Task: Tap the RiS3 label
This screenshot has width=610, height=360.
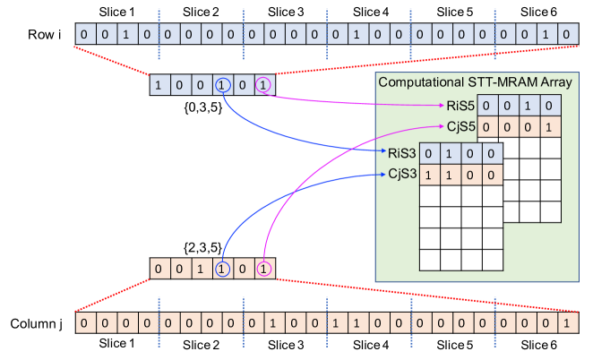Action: coord(400,151)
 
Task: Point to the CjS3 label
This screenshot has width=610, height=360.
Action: coord(400,174)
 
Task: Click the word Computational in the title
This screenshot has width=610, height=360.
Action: coord(421,81)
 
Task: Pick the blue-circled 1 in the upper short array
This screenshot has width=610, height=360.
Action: coord(222,86)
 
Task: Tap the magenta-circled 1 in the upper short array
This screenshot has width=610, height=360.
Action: coord(263,86)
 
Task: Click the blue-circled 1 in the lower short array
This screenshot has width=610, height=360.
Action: coord(222,269)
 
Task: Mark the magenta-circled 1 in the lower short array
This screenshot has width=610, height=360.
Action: coord(263,269)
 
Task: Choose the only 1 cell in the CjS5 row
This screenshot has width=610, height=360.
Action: coord(550,126)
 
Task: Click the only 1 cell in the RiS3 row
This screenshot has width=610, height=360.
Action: coord(449,152)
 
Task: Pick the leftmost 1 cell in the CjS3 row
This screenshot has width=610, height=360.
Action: coord(428,174)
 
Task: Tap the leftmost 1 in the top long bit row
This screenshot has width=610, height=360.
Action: coord(126,35)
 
